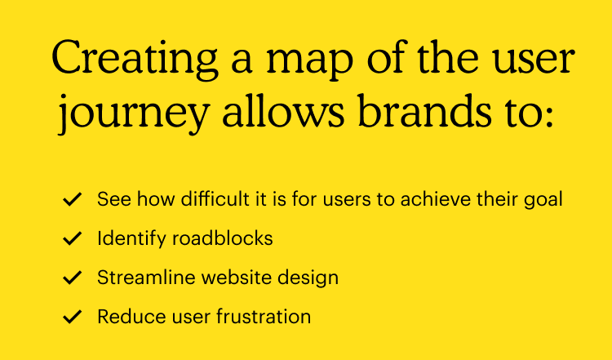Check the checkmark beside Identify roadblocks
[73, 238]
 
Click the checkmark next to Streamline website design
[73, 278]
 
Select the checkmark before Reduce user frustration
[73, 317]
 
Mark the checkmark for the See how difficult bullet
[73, 199]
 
